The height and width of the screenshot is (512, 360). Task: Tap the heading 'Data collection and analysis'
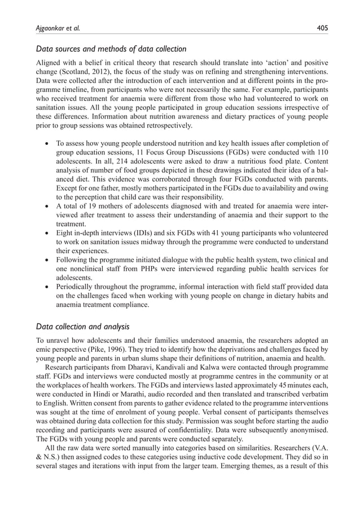click(83, 325)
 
